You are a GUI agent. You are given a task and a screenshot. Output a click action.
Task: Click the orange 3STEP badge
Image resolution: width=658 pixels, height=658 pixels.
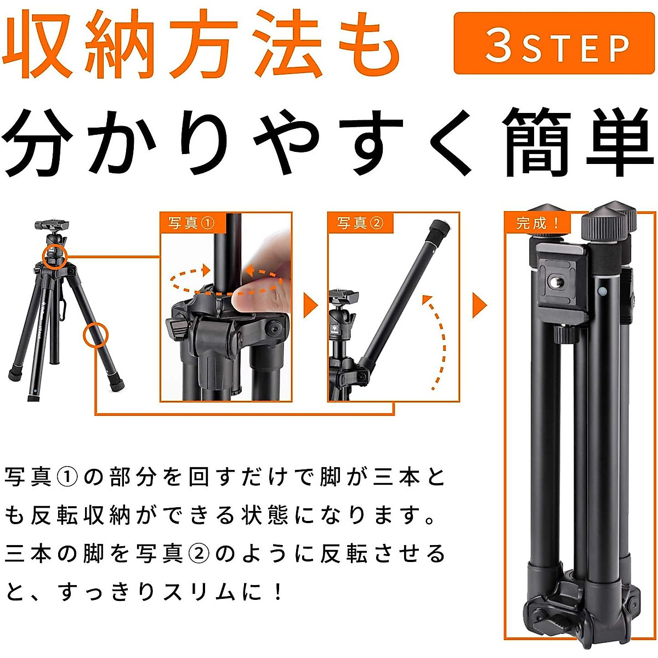554,44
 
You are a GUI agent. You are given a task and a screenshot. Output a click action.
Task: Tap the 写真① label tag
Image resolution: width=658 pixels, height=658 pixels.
191,223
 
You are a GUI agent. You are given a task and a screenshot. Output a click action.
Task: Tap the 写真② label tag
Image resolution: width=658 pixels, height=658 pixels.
360,223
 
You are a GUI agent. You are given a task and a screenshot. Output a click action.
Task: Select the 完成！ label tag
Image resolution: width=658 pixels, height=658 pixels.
538,223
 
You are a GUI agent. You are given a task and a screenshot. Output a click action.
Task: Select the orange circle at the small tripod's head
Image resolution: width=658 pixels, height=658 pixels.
54,256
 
